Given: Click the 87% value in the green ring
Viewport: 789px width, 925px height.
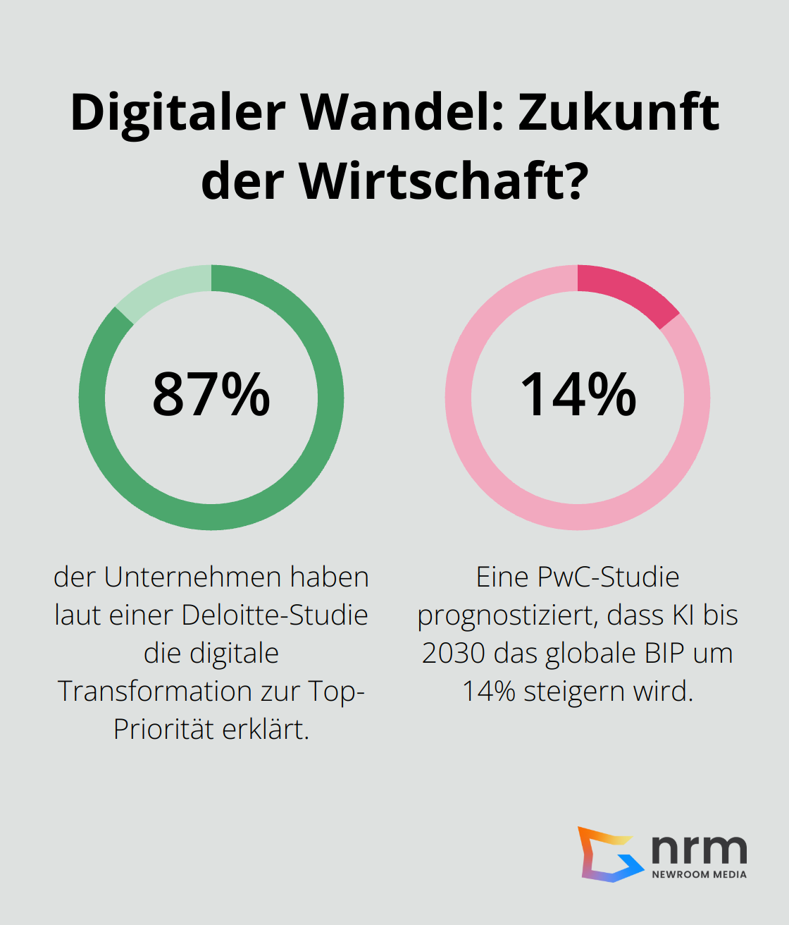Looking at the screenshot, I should coord(211,395).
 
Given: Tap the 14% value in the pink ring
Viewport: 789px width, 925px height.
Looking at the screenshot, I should coord(578,395).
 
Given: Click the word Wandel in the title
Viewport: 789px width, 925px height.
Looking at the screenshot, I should coord(403,113).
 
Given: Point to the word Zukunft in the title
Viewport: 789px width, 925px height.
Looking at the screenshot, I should coord(619,113).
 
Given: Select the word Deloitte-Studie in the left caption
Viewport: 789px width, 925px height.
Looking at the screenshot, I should coord(275,615).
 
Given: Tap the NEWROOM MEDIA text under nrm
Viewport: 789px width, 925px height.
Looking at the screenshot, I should coord(699,874).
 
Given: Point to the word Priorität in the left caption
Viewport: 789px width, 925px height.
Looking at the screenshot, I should coord(163,729).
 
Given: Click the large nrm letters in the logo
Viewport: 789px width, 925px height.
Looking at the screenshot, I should coord(699,849).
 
